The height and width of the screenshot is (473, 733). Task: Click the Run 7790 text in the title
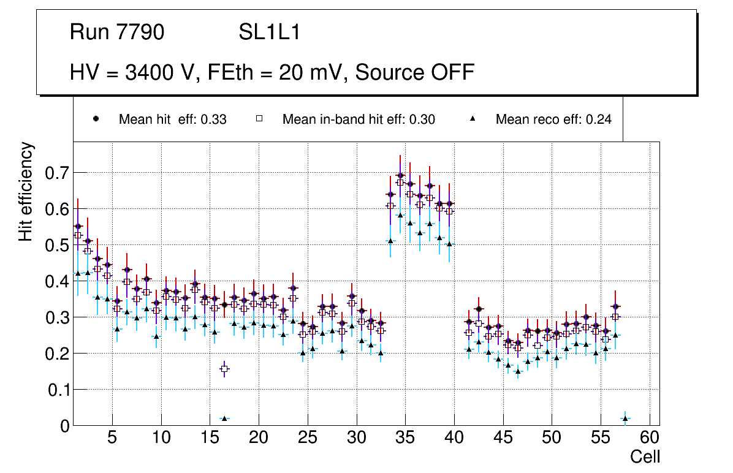(117, 32)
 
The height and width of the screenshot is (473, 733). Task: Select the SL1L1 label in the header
(269, 32)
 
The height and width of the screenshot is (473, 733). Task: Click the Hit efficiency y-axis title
(26, 191)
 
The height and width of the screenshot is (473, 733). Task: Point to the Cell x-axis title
(645, 456)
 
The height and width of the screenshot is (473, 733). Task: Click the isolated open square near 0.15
(224, 369)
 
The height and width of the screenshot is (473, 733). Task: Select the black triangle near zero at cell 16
(224, 418)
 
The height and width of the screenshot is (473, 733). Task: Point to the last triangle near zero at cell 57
(625, 418)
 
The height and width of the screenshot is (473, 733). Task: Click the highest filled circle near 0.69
(400, 175)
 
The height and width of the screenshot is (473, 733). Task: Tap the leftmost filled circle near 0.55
(78, 226)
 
